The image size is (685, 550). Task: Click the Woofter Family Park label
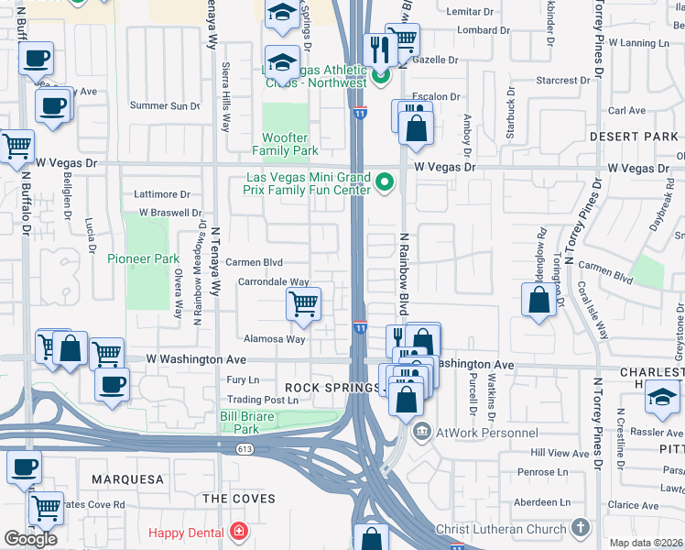[285, 144]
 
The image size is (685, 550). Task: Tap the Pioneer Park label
[143, 258]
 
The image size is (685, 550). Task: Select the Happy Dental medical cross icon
[239, 531]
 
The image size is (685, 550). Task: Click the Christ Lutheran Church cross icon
[580, 528]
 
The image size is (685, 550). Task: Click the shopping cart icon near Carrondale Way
[303, 303]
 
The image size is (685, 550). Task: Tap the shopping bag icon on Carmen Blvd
[539, 299]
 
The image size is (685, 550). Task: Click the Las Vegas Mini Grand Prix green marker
[385, 183]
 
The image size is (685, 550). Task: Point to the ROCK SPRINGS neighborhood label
[332, 388]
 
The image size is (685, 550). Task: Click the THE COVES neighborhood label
[238, 499]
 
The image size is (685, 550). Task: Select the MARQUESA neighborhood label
[127, 479]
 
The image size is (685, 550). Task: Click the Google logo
[30, 539]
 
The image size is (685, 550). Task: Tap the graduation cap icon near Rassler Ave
[662, 396]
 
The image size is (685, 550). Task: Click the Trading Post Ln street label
[263, 400]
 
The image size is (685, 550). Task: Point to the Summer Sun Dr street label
[165, 106]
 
